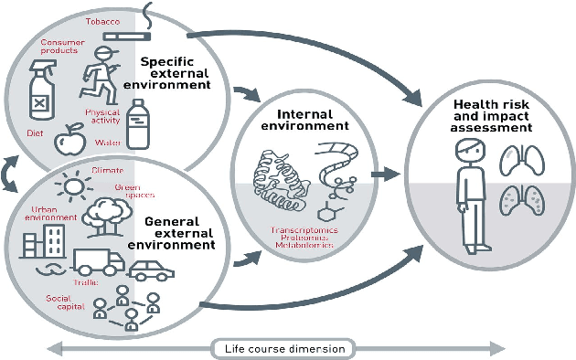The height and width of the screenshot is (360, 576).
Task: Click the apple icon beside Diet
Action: click(x=68, y=142)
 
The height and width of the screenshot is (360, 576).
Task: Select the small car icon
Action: click(x=149, y=270)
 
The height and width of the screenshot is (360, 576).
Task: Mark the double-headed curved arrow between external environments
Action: click(x=10, y=171)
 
